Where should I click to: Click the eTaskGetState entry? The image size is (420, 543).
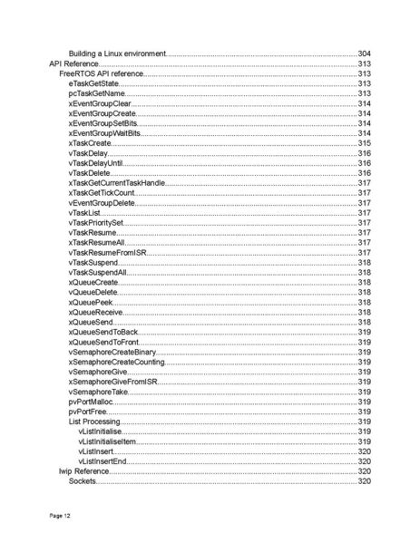pyautogui.click(x=93, y=83)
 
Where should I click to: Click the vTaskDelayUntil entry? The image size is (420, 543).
pyautogui.click(x=96, y=163)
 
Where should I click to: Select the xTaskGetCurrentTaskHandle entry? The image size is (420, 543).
pyautogui.click(x=117, y=183)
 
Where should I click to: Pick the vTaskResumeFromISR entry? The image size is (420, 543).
pyautogui.click(x=107, y=253)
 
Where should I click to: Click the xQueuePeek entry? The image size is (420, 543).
pyautogui.click(x=92, y=302)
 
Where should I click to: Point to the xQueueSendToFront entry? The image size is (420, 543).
pyautogui.click(x=103, y=342)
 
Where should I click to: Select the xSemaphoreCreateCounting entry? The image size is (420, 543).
pyautogui.click(x=116, y=362)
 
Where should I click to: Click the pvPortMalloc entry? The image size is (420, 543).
pyautogui.click(x=91, y=402)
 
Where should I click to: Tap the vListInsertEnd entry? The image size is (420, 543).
pyautogui.click(x=103, y=461)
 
